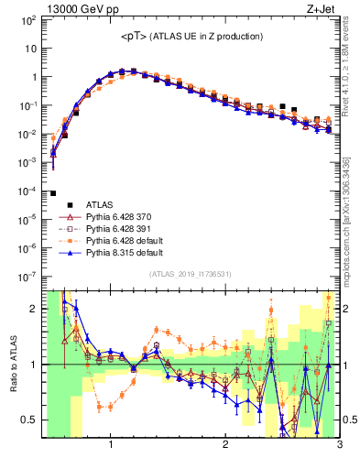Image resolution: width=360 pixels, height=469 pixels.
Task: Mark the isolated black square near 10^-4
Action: (53, 193)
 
